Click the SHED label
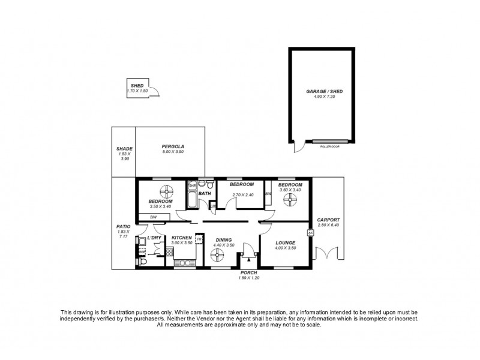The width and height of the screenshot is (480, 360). pos(137,86)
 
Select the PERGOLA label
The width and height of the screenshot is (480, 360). pos(173,147)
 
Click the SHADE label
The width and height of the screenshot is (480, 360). pos(124,149)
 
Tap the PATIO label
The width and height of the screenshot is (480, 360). pos(124,227)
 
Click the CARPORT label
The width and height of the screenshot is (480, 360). pos(328,220)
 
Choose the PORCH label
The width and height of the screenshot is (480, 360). pos(248,273)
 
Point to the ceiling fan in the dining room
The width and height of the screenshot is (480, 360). pos(217,256)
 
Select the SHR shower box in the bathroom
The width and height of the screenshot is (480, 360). pos(192,186)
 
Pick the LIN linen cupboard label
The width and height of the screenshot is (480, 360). pos(213,206)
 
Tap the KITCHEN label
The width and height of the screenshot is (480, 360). pos(181,238)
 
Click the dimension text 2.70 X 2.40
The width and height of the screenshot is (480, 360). pos(242,194)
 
